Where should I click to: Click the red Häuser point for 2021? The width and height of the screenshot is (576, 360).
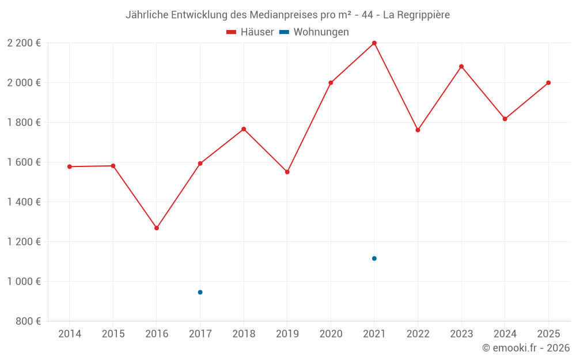point(374,43)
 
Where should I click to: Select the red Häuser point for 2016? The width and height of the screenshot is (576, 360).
point(157,228)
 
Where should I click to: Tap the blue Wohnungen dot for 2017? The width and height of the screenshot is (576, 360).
point(200,292)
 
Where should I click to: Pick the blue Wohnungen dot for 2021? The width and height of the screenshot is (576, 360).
point(374,259)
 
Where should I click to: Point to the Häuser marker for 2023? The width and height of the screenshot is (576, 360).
point(461,66)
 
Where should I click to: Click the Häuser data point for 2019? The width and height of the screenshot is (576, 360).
point(287,172)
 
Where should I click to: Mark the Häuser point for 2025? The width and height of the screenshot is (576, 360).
point(548,83)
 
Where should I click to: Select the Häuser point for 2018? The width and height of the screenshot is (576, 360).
point(244,129)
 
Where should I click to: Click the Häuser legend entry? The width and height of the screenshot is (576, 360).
point(250,32)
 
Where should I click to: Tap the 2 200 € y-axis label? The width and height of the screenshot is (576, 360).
point(24,43)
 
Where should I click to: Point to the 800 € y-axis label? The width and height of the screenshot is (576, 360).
point(28,321)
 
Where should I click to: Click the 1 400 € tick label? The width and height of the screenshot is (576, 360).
point(24,202)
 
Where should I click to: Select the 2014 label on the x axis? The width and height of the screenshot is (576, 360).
point(70,334)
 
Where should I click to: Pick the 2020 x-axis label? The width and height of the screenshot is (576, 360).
point(331,334)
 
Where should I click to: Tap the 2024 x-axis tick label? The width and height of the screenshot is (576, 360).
point(505,334)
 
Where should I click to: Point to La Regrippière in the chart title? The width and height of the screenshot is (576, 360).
point(416,14)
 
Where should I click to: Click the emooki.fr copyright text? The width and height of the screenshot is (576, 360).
point(526,348)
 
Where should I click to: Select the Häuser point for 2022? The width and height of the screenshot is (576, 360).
point(418,130)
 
